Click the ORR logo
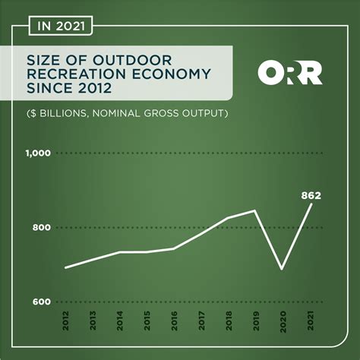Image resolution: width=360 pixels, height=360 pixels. pyautogui.click(x=291, y=73)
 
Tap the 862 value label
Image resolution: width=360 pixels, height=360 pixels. pyautogui.click(x=310, y=196)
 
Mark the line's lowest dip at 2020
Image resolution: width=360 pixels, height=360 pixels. pyautogui.click(x=282, y=268)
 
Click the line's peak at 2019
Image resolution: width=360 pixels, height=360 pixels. pyautogui.click(x=254, y=210)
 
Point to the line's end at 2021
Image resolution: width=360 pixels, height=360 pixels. pyautogui.click(x=310, y=205)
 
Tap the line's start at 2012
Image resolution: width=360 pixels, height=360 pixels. pyautogui.click(x=67, y=267)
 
